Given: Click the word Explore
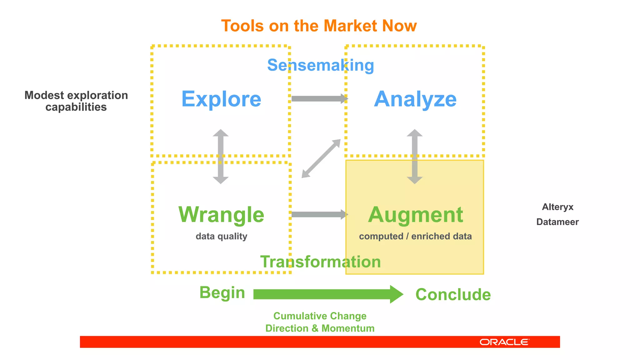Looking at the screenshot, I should (x=221, y=99).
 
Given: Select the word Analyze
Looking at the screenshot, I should (x=415, y=99).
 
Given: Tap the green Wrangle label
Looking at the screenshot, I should (x=221, y=215).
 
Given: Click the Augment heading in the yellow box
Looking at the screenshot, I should (x=415, y=215).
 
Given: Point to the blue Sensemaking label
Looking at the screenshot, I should (x=320, y=65).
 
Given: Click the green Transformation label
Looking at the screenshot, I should (x=320, y=262).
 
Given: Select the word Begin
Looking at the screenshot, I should (x=222, y=293).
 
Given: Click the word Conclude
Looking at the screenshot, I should (x=453, y=294).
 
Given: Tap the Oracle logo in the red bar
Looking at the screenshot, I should (x=504, y=342).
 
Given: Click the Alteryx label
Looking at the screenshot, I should (x=557, y=207).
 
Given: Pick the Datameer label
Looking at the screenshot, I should (x=557, y=222).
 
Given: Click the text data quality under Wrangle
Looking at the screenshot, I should (x=221, y=236).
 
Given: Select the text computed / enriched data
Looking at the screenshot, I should (x=415, y=236).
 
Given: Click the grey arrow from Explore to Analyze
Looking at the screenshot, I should (x=319, y=99).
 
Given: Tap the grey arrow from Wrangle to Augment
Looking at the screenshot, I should (x=319, y=214).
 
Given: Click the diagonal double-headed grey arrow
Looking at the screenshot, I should (x=321, y=158).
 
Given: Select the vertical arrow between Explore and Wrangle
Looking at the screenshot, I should (x=221, y=156).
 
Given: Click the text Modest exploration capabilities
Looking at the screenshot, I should (x=76, y=101).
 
